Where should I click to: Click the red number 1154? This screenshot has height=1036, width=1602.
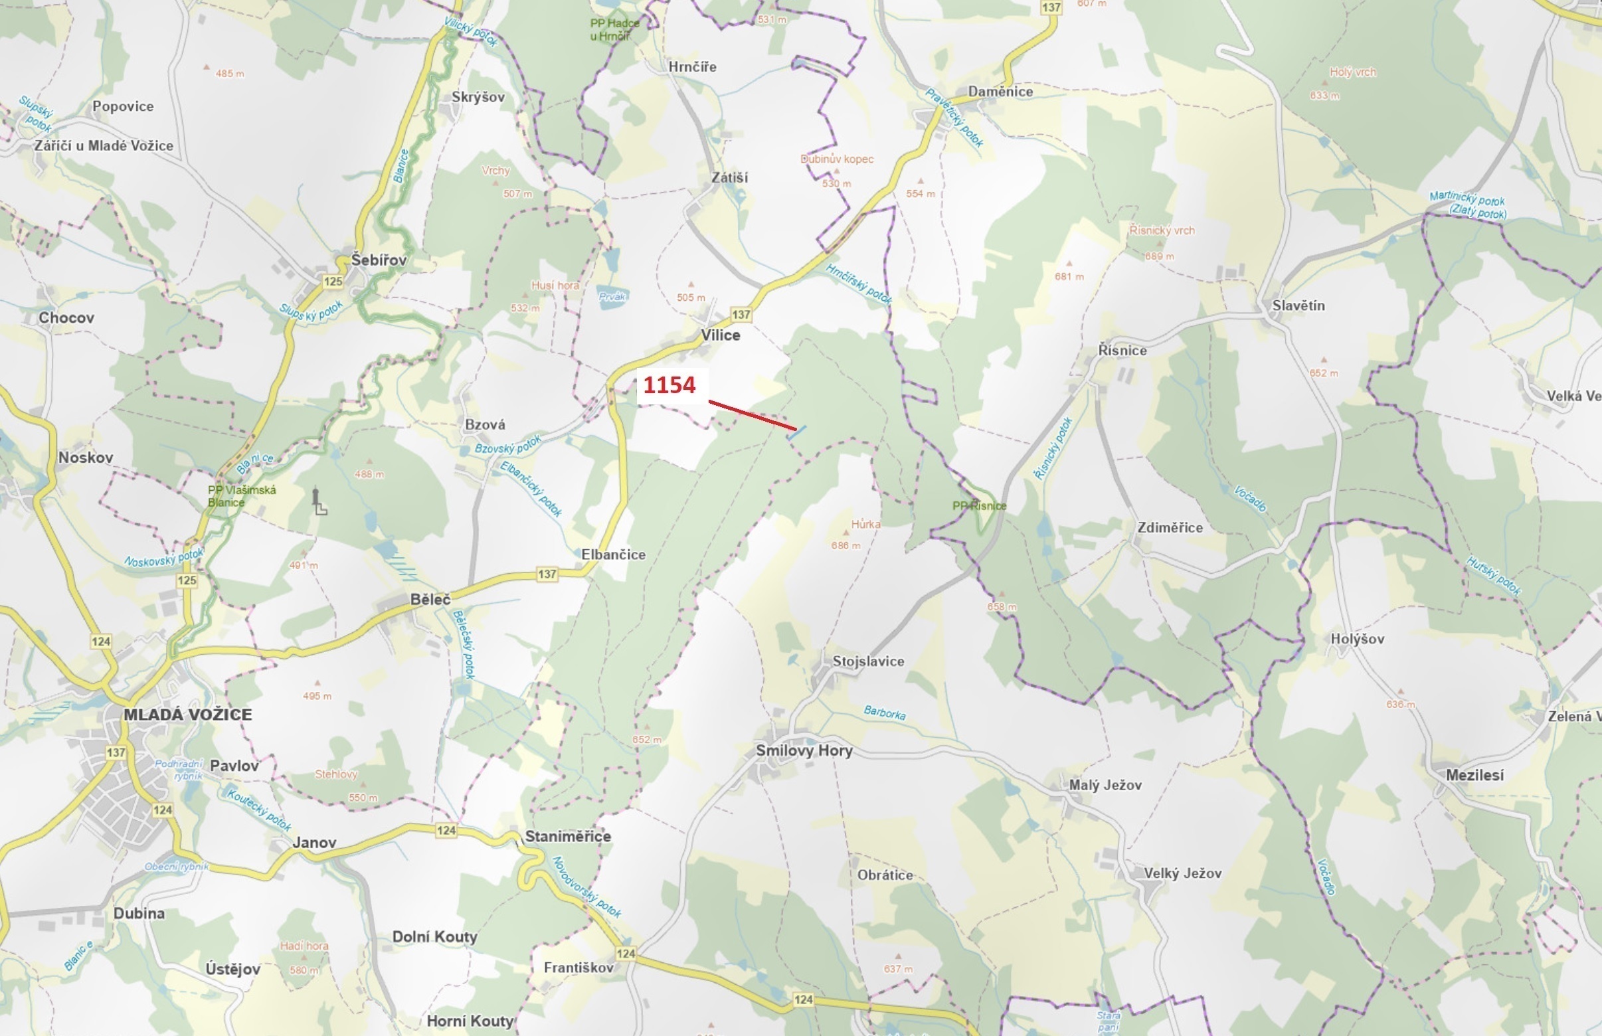669,385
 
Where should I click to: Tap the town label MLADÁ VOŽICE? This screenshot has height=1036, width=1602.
188,715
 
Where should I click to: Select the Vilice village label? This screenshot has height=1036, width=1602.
720,335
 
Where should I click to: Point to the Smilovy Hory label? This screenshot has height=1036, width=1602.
804,750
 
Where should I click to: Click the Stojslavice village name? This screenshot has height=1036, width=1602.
868,661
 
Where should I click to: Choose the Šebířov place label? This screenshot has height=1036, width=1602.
379,260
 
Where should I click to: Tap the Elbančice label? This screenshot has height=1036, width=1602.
613,555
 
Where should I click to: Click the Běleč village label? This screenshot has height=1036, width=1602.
430,599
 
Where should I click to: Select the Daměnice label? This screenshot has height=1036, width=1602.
1000,92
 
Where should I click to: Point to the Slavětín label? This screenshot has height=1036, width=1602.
1298,305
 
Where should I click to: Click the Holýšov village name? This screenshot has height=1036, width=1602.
1357,639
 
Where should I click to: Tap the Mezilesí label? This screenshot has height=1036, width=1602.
1474,775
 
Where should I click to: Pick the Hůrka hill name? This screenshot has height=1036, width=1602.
865,524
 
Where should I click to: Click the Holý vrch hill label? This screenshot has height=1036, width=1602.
1352,72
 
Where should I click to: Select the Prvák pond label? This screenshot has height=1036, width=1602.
612,296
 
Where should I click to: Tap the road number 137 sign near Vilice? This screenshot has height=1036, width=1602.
741,314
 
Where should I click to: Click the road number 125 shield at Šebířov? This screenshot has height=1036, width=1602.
332,281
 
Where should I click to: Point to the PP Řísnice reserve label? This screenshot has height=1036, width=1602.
979,506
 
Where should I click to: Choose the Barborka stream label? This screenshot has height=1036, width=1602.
884,713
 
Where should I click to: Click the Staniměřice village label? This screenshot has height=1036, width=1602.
568,836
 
